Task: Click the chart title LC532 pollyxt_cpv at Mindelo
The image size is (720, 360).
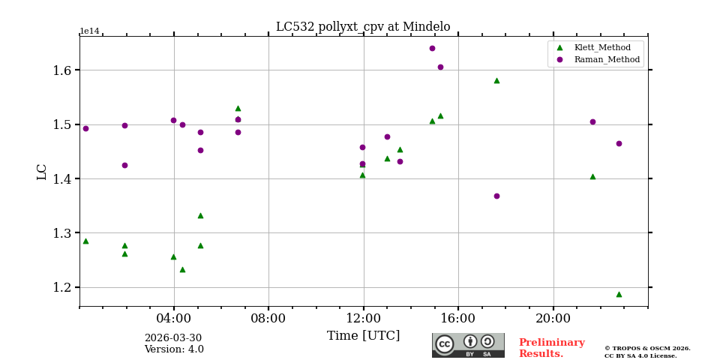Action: click(363, 27)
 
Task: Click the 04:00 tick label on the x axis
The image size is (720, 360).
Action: click(174, 318)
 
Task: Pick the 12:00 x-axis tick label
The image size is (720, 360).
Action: click(364, 318)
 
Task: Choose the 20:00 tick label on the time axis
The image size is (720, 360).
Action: click(553, 318)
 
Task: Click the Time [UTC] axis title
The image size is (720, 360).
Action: click(363, 336)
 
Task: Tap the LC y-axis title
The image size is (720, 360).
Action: click(42, 172)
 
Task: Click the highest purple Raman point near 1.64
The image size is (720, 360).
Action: click(432, 48)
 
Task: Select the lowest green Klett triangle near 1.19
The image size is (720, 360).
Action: click(619, 294)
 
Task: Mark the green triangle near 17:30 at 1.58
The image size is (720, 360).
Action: click(496, 80)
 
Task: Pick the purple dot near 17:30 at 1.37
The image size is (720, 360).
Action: click(496, 196)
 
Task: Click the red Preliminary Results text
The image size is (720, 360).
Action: click(551, 348)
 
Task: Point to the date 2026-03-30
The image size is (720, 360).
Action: click(173, 338)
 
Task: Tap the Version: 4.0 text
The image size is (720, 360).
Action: click(174, 349)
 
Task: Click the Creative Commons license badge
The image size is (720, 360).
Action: click(468, 345)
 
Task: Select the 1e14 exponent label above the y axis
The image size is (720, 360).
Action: click(89, 31)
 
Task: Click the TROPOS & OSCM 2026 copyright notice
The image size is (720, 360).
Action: click(647, 349)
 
